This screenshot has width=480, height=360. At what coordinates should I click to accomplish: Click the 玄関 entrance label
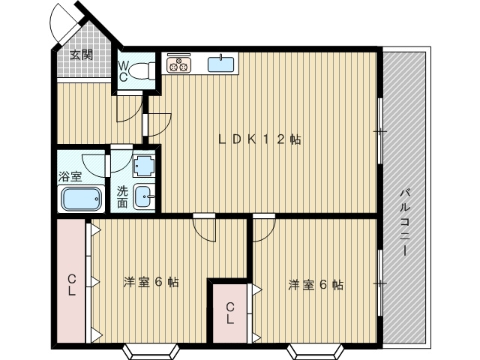coord(82,54)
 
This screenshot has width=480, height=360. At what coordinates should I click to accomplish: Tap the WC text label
coord(123,70)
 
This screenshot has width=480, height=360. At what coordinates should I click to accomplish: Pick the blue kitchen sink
coord(221,64)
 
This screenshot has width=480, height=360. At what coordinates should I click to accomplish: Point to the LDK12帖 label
coord(259,139)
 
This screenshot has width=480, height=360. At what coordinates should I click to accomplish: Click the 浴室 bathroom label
coord(70,178)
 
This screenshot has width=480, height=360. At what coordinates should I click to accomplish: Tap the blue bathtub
coord(82,200)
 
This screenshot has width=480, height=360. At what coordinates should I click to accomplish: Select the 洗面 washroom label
coord(123,196)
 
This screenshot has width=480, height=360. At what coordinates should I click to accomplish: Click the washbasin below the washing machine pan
coord(144,199)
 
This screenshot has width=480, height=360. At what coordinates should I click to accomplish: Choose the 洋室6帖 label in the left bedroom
coord(151,283)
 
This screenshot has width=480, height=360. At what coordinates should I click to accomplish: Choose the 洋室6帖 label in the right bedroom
coord(316,285)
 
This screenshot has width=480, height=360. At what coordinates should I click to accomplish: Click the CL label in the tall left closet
coord(71,284)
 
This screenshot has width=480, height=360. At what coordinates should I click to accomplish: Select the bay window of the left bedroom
coord(151,349)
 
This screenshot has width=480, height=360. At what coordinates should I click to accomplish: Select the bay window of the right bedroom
coord(316,349)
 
